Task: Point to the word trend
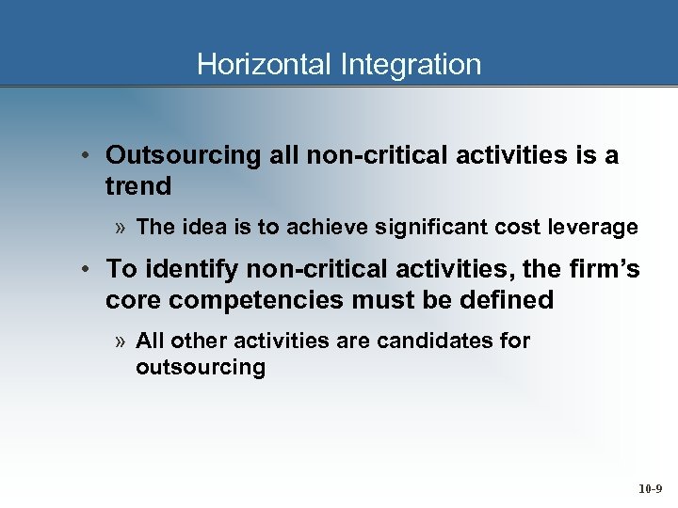click(x=138, y=186)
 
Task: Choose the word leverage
click(x=598, y=227)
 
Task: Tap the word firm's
click(x=606, y=269)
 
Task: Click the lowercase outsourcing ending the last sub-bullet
click(x=201, y=367)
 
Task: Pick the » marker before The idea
click(x=121, y=228)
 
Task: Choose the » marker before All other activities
click(x=121, y=341)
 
